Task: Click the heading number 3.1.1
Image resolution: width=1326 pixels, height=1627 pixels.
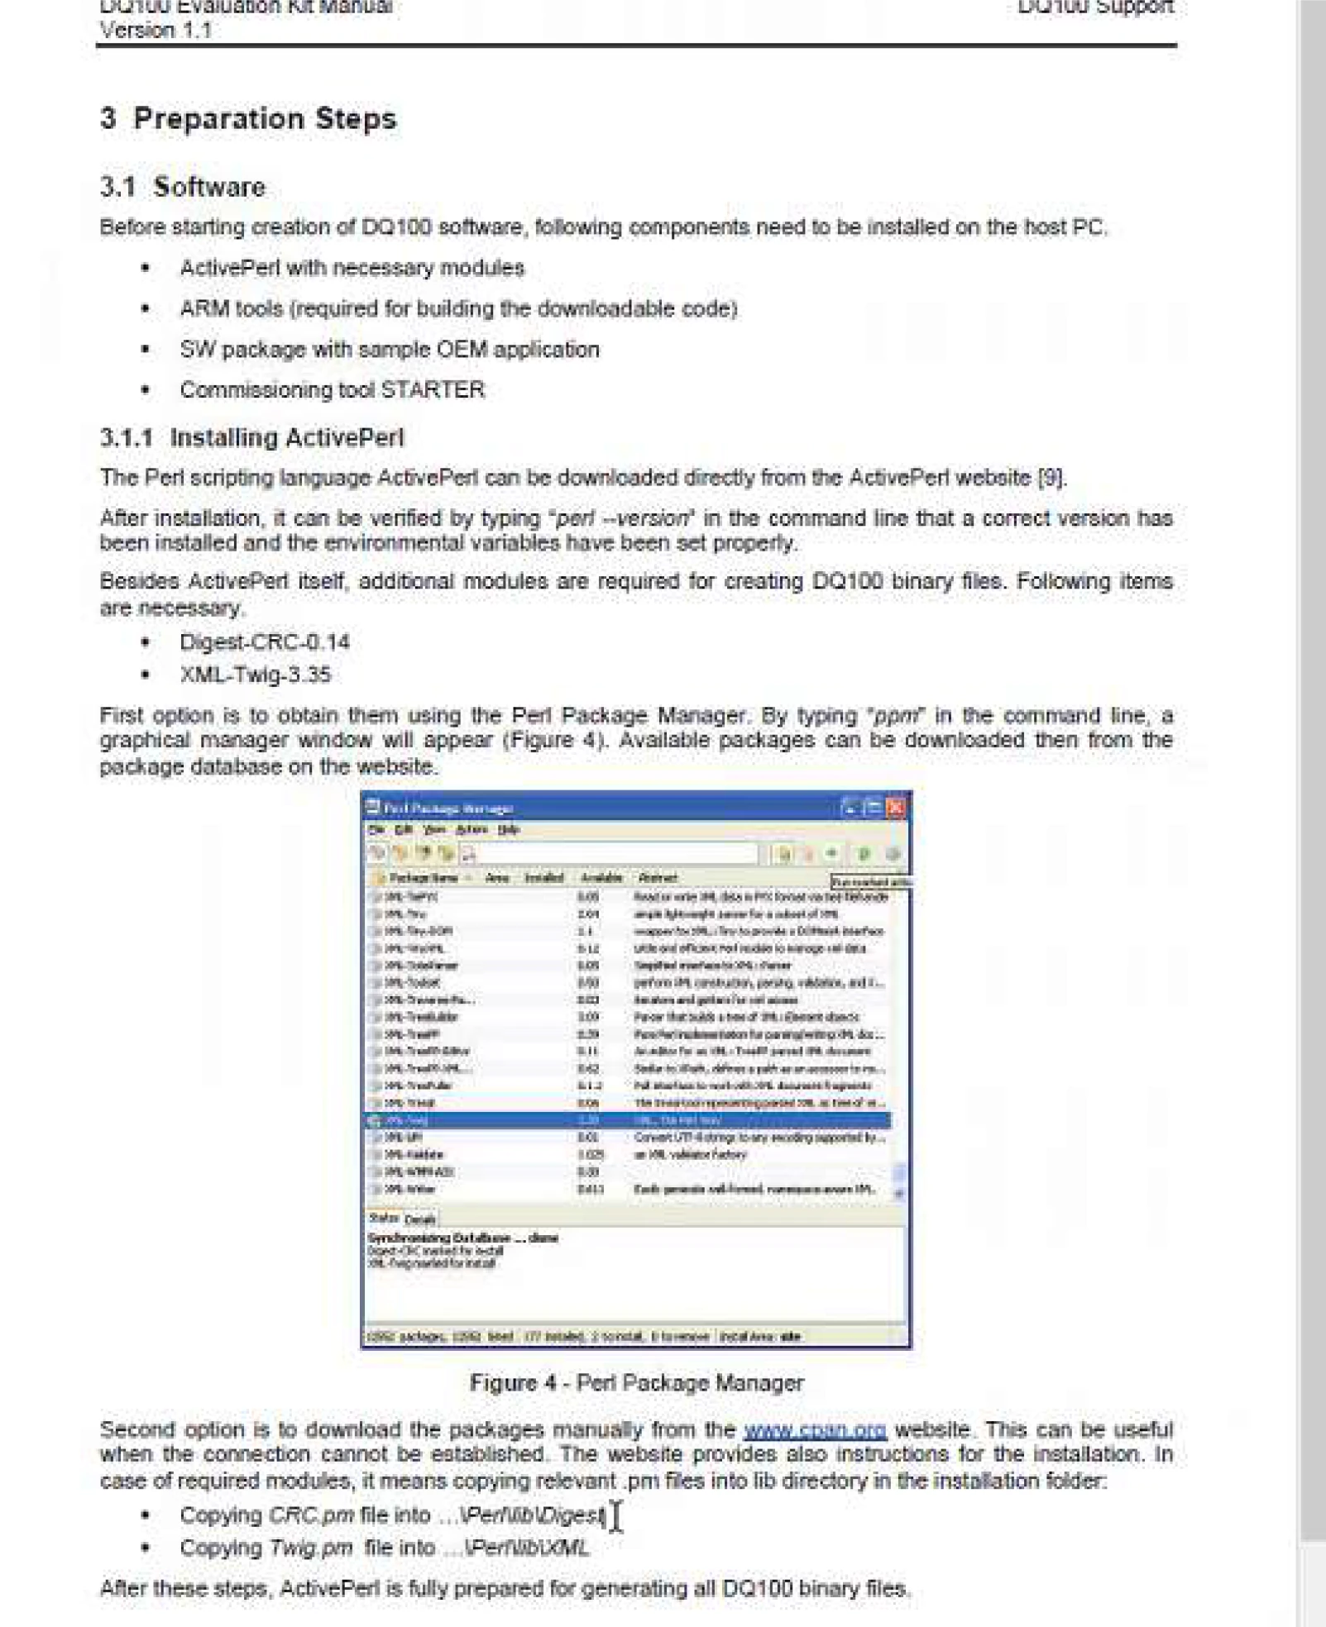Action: coord(126,437)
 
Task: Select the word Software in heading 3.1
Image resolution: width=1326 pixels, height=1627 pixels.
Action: coord(209,187)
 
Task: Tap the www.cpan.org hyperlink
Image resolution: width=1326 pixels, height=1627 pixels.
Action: coord(815,1429)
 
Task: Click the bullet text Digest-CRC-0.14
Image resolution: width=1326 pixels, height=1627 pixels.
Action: coord(265,642)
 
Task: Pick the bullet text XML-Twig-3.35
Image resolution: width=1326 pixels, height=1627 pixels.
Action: coord(256,675)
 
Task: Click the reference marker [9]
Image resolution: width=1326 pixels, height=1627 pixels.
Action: coord(1051,478)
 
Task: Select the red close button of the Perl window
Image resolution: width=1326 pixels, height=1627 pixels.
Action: coord(896,808)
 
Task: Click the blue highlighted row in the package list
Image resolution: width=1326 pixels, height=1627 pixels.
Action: coord(629,1120)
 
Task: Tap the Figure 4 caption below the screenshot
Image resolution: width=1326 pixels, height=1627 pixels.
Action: coord(636,1383)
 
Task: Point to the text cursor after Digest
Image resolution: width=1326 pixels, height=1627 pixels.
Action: coord(616,1516)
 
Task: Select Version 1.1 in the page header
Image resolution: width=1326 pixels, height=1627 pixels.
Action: coord(156,31)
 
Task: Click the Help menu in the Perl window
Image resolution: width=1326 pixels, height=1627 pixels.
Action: coord(509,829)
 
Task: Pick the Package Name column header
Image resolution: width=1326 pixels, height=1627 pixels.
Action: coord(423,878)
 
